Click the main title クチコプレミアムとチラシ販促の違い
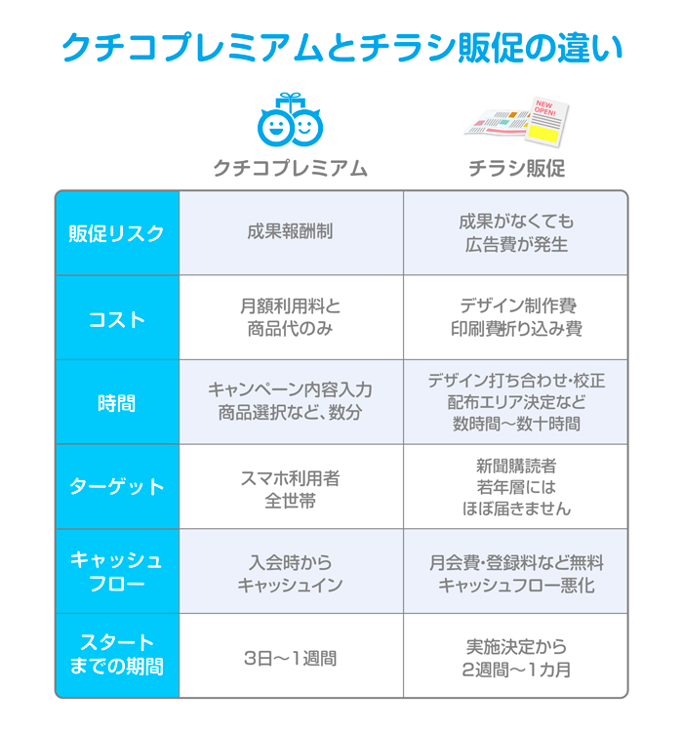[x=342, y=48]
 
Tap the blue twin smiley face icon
[x=290, y=119]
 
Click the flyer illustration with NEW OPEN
[x=517, y=122]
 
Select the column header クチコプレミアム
[x=291, y=168]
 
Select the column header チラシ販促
[x=517, y=168]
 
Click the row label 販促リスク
[x=117, y=233]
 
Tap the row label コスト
[x=117, y=320]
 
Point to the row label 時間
[x=117, y=403]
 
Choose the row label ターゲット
[x=117, y=486]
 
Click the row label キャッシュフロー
[x=117, y=571]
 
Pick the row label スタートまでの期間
[x=117, y=655]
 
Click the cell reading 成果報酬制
[x=291, y=231]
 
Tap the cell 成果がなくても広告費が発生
[x=516, y=233]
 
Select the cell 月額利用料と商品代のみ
[x=291, y=317]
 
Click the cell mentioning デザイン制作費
[x=516, y=317]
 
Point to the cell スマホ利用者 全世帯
[x=291, y=489]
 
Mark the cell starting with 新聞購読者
[x=516, y=487]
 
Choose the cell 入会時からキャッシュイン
[x=291, y=574]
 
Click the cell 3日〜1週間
[x=291, y=658]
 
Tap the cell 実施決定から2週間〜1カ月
[x=516, y=658]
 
